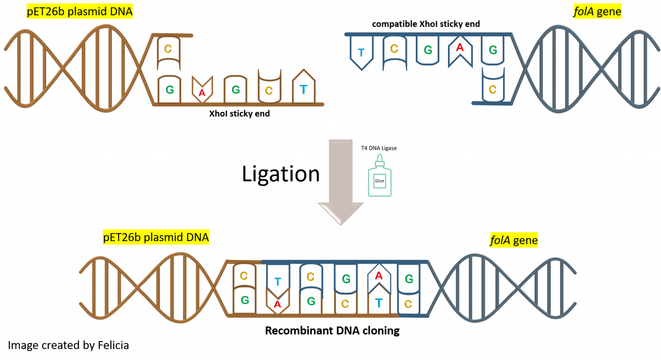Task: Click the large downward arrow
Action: pyautogui.click(x=341, y=181)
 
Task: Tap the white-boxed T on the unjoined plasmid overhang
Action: pyautogui.click(x=304, y=90)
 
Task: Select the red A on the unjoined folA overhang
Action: pyautogui.click(x=460, y=48)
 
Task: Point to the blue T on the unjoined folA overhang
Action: pyautogui.click(x=361, y=53)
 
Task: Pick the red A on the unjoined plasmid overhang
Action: pyautogui.click(x=202, y=92)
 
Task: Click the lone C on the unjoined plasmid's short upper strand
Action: pyautogui.click(x=168, y=49)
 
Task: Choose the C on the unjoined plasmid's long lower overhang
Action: pyautogui.click(x=269, y=90)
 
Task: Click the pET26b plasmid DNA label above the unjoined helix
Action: pyautogui.click(x=80, y=12)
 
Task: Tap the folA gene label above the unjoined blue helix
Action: pyautogui.click(x=598, y=12)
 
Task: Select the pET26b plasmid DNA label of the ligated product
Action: pyautogui.click(x=156, y=237)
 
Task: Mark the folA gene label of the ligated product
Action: pyautogui.click(x=514, y=240)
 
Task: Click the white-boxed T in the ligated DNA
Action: pyautogui.click(x=379, y=303)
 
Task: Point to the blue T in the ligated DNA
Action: pyautogui.click(x=278, y=282)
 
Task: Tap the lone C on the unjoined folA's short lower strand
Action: pyautogui.click(x=493, y=89)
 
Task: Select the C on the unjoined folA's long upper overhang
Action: pyautogui.click(x=394, y=49)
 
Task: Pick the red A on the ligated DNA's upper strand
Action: pyautogui.click(x=379, y=276)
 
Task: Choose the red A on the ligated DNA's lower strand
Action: pyautogui.click(x=278, y=304)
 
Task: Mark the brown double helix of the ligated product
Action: pyautogui.click(x=155, y=288)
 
